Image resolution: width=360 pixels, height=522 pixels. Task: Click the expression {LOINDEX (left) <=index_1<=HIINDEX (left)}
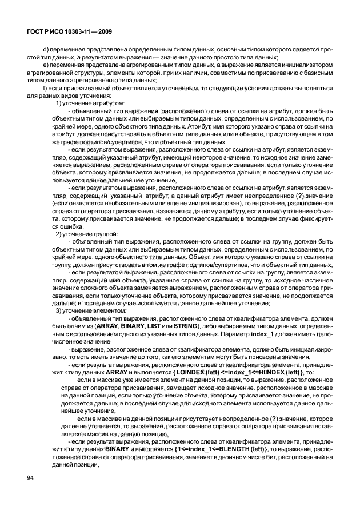point(239,372)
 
